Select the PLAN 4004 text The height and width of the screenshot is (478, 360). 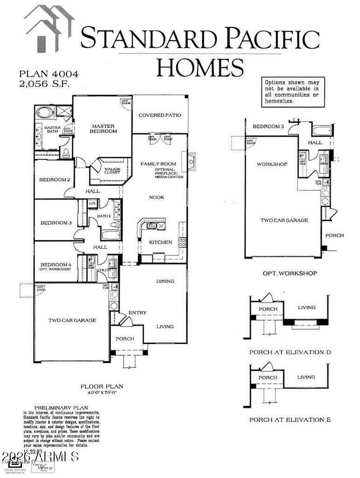pos(49,74)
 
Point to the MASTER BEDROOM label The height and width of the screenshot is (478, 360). pos(104,128)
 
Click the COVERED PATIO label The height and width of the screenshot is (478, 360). pos(160,115)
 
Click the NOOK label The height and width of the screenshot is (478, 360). pos(156,197)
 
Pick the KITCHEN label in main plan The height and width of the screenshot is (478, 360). pos(160,242)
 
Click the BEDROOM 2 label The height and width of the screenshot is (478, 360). pos(55,180)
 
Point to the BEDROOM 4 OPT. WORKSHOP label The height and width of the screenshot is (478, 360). pos(56,267)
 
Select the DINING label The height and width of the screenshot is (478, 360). pos(165,281)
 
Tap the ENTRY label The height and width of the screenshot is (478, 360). pos(137,313)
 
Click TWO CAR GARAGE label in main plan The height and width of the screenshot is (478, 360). pos(72,320)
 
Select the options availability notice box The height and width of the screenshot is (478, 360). pos(293,92)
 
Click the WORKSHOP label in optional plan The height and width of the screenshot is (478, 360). pos(272,164)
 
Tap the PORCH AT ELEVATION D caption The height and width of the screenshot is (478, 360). pos(289,352)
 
